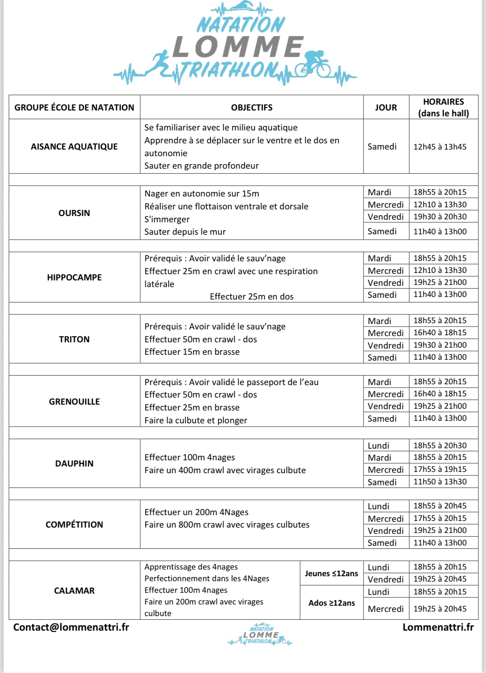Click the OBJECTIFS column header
252,108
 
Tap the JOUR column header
386,108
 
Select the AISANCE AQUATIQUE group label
74,147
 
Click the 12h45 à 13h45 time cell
440,147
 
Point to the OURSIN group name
74,213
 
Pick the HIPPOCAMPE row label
74,278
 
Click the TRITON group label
74,339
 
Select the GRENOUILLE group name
74,402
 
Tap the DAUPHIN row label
74,464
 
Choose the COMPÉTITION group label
74,525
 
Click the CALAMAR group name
74,591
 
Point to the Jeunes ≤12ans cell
331,574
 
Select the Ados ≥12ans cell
331,603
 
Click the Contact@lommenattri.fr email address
71,627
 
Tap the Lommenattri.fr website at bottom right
438,627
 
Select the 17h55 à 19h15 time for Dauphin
440,469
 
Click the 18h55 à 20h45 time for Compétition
440,506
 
